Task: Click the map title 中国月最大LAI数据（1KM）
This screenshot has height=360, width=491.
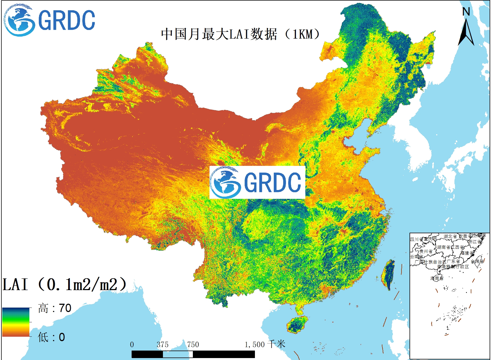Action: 241,34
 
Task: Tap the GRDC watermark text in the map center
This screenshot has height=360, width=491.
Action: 272,182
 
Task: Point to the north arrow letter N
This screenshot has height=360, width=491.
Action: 466,12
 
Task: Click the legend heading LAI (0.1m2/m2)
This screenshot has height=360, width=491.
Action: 64,284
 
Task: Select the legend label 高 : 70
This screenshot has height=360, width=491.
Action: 55,308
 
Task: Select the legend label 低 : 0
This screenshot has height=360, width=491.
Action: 51,337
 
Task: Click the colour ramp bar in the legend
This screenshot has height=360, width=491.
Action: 16,322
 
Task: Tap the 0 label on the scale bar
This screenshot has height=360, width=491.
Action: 132,345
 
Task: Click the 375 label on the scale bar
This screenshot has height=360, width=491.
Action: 162,345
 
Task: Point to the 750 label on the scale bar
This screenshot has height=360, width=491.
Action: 193,345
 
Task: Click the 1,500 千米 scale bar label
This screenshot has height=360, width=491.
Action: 265,344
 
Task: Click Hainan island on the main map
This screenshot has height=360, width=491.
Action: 297,324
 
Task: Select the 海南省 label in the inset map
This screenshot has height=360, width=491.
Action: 437,278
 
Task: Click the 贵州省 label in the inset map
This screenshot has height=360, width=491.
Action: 426,251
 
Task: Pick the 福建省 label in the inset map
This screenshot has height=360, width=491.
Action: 467,253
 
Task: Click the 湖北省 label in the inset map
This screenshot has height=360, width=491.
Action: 450,236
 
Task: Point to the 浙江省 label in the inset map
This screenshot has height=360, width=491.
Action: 475,242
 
